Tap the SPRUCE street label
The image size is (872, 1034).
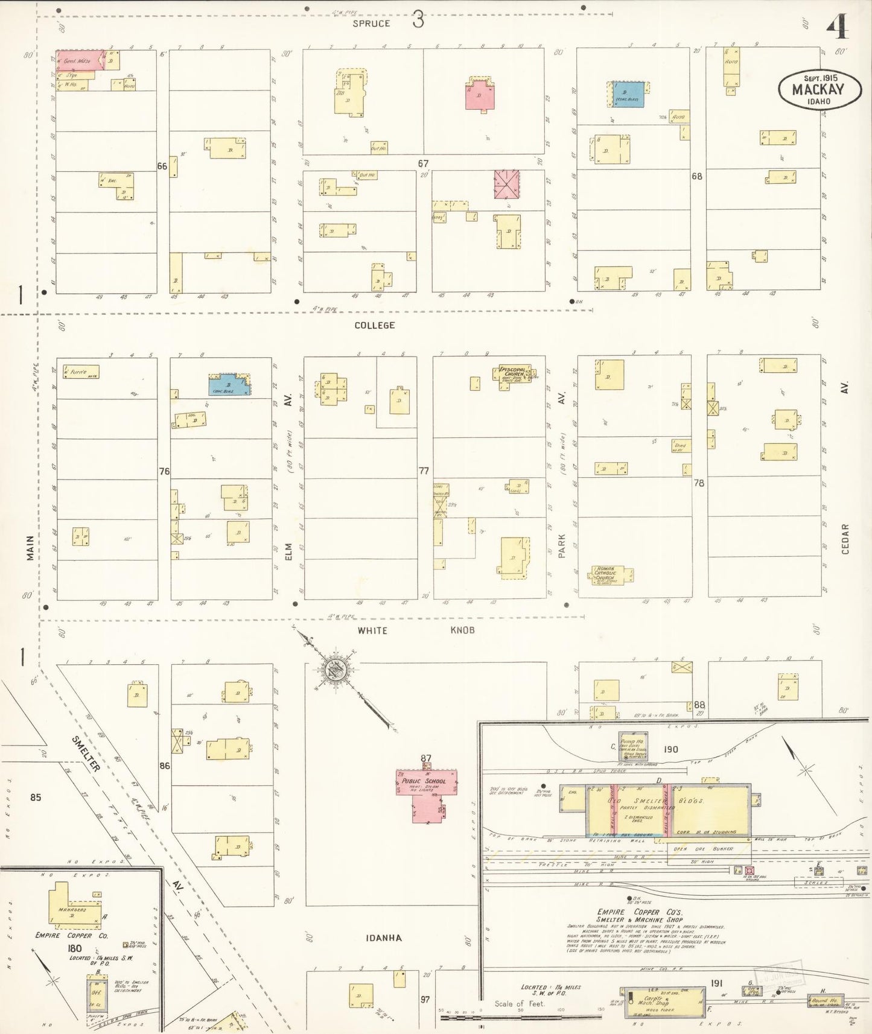click(x=372, y=24)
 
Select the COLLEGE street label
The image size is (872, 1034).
click(x=374, y=326)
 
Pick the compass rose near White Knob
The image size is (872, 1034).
click(x=333, y=670)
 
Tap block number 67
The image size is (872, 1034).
click(x=423, y=163)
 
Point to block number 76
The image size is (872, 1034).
click(x=164, y=471)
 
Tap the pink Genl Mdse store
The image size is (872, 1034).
click(x=75, y=60)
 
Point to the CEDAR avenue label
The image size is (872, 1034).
click(x=845, y=539)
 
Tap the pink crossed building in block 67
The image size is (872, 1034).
click(x=507, y=184)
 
